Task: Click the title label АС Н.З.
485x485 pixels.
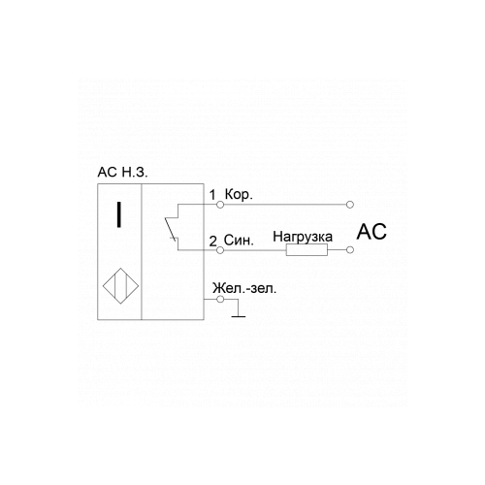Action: tap(122, 173)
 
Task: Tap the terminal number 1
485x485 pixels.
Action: tap(212, 195)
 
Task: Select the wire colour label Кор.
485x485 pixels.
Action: tap(239, 195)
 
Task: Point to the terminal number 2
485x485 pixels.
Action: tap(212, 242)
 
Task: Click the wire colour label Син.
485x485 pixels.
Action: tap(239, 241)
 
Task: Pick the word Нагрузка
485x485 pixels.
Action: tap(303, 237)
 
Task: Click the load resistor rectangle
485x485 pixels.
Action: tap(307, 250)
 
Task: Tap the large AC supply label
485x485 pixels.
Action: tap(372, 232)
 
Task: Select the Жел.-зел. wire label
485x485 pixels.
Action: tap(244, 288)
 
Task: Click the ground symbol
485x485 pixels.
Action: tap(239, 316)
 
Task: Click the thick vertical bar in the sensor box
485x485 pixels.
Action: tap(119, 214)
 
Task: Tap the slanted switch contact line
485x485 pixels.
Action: tap(170, 229)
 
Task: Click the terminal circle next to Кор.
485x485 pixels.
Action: tap(220, 205)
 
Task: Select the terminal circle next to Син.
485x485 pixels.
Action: tap(220, 250)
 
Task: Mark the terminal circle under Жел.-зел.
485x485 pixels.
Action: tap(220, 299)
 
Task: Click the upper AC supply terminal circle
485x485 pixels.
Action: tap(349, 205)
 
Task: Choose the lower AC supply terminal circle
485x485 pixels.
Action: tap(349, 250)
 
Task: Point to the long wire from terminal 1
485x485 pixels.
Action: tap(285, 205)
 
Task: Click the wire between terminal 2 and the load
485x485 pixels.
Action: tap(255, 250)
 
